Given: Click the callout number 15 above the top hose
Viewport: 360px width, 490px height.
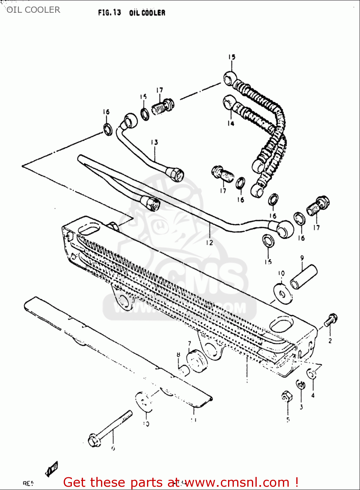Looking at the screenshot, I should pos(232,57).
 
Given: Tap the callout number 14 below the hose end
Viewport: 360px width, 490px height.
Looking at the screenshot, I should pos(231,123).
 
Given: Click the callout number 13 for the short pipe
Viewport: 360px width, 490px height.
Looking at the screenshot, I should pos(155,142).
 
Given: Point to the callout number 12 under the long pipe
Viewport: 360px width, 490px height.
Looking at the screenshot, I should pos(209,243).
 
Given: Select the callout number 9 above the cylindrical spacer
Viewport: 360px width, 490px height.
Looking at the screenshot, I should pos(302,258).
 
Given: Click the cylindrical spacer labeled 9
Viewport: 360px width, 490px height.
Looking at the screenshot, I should pos(304,277).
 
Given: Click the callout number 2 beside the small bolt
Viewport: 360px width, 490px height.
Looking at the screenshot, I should pos(330,340).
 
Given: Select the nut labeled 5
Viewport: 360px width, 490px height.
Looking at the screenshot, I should pos(286,397).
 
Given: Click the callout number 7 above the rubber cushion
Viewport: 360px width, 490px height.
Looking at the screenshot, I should pos(189,344).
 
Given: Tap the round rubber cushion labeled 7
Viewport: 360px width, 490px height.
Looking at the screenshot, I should pos(197,361).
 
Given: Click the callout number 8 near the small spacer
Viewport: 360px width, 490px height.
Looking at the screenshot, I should pos(178,355).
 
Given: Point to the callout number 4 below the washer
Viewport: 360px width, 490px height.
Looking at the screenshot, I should pos(313,395).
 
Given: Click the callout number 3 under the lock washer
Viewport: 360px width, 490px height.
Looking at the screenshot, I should pos(301,407).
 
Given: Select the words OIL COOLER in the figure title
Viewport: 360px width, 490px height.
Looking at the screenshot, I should pos(147,13).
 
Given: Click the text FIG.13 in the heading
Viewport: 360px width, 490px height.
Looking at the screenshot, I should pos(109,13).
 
